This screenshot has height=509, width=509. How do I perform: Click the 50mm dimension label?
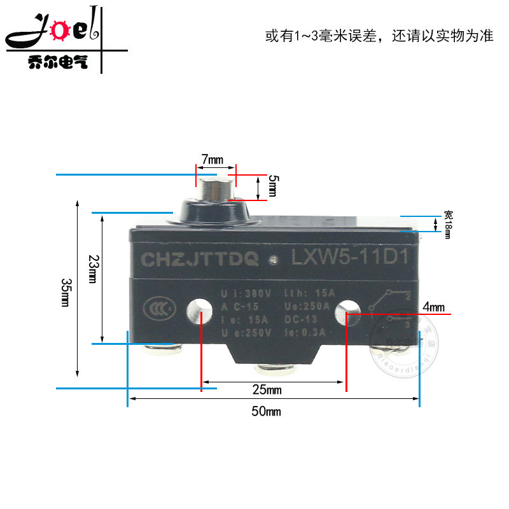[x=266, y=412]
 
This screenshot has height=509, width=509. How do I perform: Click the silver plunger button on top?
[x=216, y=189]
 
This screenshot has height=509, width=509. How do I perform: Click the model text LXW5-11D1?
[x=349, y=258]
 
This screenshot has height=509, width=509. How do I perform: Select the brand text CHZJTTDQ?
[x=199, y=259]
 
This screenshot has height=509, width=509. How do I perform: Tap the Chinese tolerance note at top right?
[x=379, y=36]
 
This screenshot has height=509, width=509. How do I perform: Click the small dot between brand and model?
[x=274, y=260]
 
